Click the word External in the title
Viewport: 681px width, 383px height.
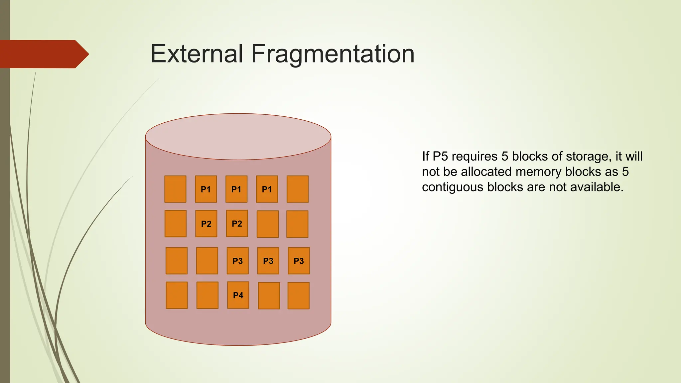click(197, 54)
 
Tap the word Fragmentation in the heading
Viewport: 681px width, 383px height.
click(333, 54)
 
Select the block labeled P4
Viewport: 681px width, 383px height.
click(238, 295)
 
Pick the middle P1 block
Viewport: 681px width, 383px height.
click(236, 189)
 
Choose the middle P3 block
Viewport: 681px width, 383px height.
click(268, 261)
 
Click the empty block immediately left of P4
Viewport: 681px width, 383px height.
click(207, 295)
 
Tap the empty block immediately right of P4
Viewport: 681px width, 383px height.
click(269, 296)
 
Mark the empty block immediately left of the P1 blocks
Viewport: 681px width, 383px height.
click(175, 189)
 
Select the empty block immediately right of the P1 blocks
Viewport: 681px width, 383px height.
click(298, 189)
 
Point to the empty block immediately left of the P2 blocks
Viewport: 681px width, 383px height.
click(176, 224)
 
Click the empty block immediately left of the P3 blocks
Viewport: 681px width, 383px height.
click(207, 261)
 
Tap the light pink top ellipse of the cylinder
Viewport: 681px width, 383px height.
click(238, 137)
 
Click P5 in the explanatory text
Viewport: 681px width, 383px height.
click(440, 157)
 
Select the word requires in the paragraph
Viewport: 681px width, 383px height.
click(475, 157)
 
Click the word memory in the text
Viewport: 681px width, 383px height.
click(538, 172)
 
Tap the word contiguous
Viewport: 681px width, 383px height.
click(453, 187)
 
